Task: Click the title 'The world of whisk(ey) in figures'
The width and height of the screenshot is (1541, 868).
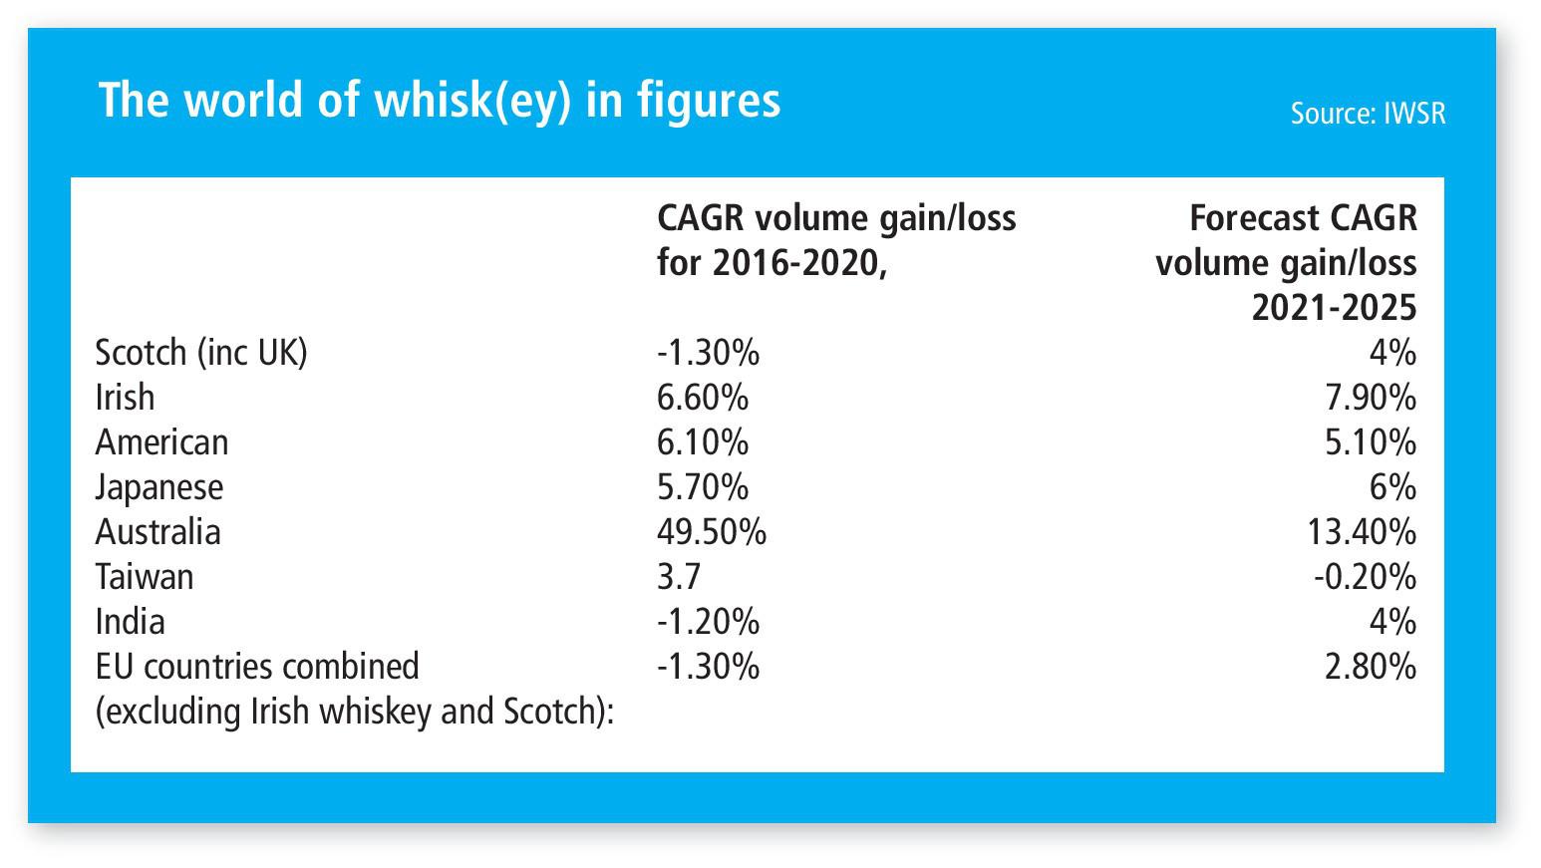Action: click(439, 101)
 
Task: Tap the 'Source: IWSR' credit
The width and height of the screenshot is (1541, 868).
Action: click(1367, 114)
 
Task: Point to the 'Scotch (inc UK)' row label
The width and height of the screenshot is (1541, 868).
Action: click(201, 353)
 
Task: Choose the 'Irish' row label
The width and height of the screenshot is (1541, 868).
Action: click(125, 398)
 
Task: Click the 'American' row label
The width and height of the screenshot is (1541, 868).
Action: click(161, 442)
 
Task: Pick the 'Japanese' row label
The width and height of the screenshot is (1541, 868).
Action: click(159, 487)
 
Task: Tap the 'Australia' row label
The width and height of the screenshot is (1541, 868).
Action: click(157, 532)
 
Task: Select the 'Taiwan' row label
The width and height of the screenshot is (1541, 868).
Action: click(145, 577)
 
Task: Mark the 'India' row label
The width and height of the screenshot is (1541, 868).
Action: click(130, 622)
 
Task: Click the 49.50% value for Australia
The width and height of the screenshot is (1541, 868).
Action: click(712, 532)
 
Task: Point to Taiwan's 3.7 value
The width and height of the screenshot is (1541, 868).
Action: click(679, 577)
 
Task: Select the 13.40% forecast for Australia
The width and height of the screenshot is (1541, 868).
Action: click(1361, 532)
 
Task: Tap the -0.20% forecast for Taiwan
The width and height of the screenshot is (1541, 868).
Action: click(1364, 577)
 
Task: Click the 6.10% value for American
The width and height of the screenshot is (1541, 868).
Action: click(702, 442)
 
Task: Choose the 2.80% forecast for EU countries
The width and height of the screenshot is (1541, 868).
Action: click(1370, 667)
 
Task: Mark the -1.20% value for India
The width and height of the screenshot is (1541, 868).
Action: click(708, 622)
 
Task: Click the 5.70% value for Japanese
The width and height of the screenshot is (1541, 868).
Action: click(702, 487)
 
